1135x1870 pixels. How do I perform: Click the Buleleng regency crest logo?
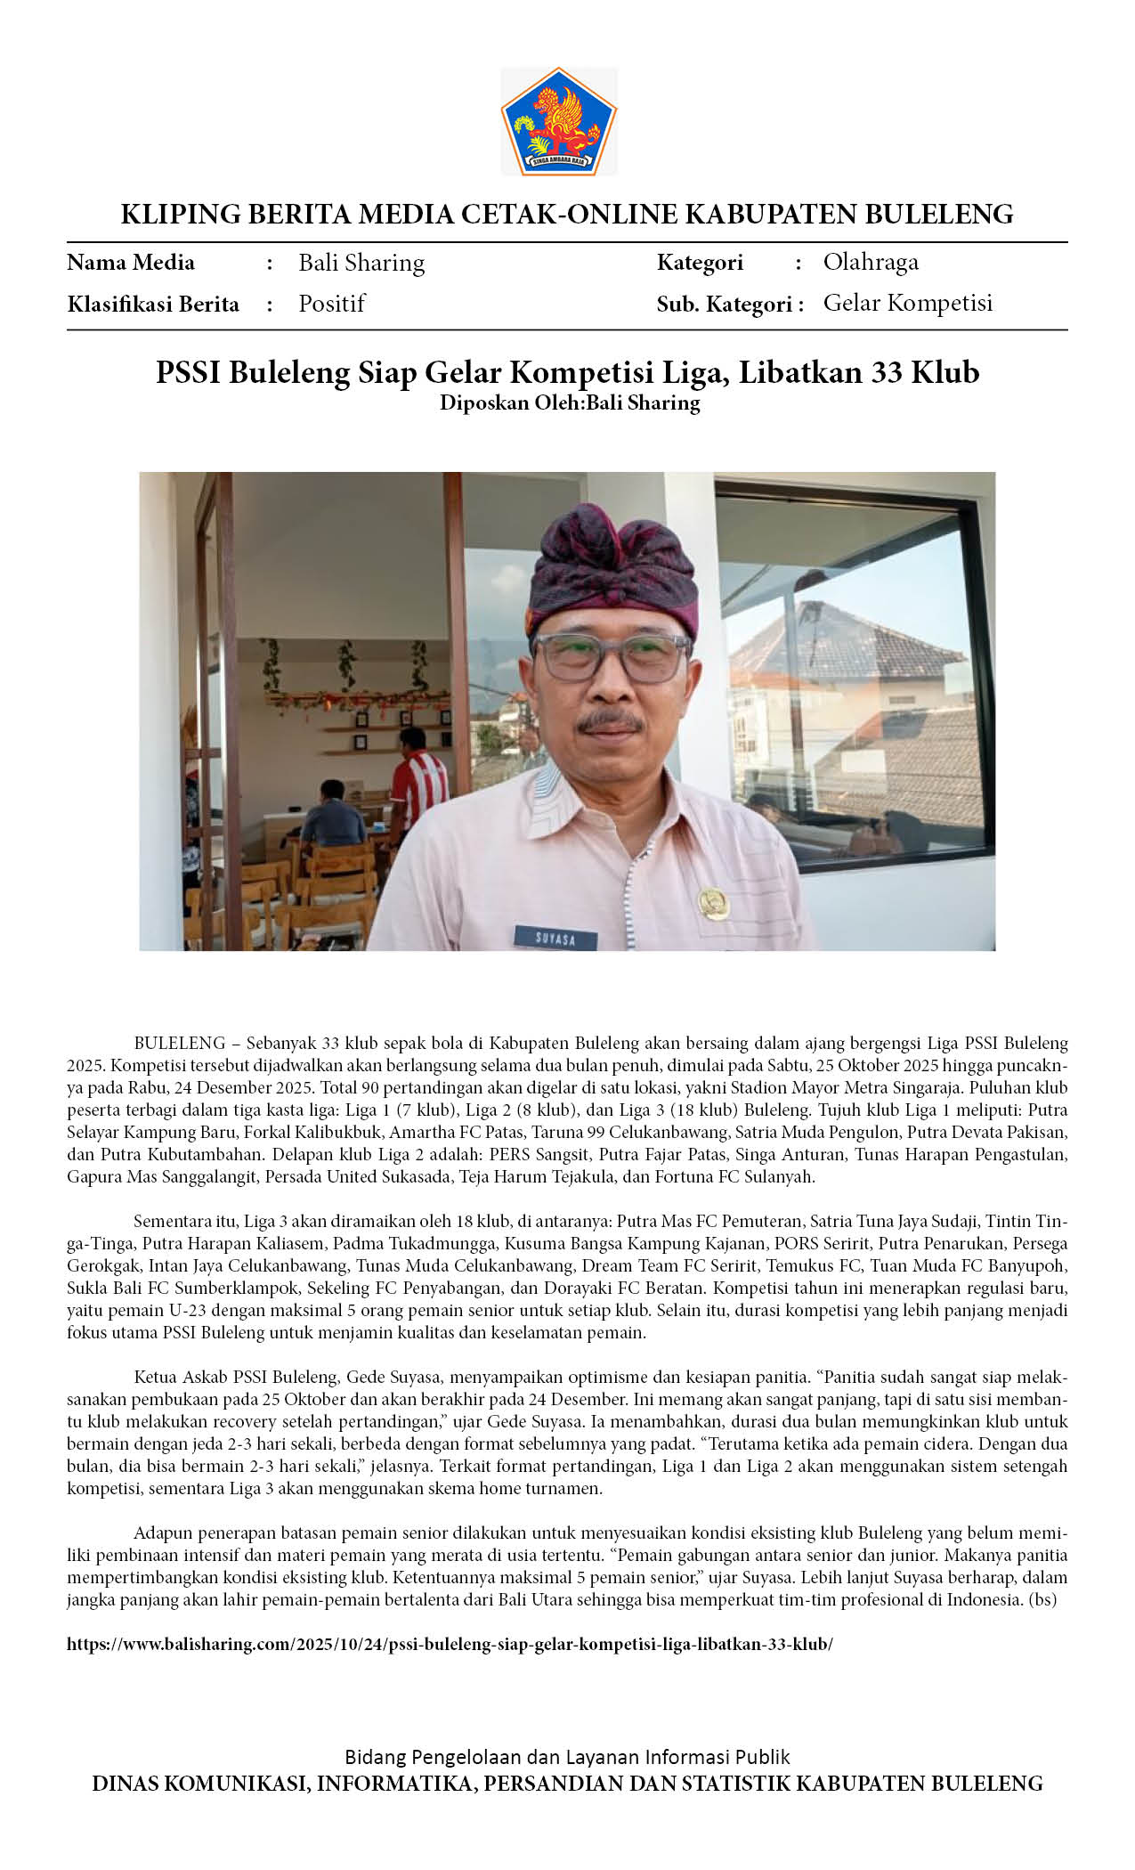[x=558, y=121]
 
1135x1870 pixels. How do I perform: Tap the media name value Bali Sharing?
[x=361, y=263]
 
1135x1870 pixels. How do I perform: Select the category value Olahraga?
[x=870, y=262]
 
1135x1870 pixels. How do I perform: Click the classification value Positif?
[x=331, y=304]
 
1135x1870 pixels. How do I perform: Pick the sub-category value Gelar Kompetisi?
[x=907, y=303]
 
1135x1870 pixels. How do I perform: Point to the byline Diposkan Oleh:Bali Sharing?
[x=570, y=402]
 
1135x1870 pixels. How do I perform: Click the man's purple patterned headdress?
[x=612, y=570]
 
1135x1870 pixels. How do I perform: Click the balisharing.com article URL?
[x=450, y=1644]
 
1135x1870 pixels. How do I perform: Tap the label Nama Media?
[x=131, y=263]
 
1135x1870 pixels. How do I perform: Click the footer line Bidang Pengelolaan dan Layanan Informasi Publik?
[x=567, y=1757]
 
